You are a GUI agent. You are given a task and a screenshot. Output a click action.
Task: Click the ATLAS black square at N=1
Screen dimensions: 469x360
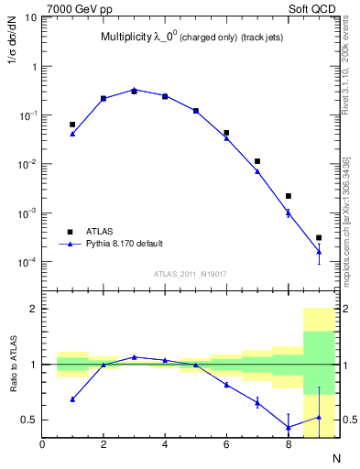coord(72,124)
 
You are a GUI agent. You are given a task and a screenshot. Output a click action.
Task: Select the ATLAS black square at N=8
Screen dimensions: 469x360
coord(288,196)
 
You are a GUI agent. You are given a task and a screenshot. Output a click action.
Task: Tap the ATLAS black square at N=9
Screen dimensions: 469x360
coord(319,238)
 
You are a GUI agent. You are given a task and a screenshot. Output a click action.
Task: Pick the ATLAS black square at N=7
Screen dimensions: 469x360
coord(257,161)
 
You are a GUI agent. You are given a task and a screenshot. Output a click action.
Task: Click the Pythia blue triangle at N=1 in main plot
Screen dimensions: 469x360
coord(72,134)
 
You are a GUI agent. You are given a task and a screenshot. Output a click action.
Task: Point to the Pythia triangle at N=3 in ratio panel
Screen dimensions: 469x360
coord(134,356)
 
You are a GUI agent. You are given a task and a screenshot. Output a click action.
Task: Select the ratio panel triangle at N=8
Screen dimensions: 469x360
coord(288,427)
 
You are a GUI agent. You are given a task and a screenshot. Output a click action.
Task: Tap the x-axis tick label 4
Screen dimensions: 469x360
coord(165,445)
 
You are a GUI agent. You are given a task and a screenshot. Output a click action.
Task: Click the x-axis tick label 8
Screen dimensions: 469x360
coord(288,445)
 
